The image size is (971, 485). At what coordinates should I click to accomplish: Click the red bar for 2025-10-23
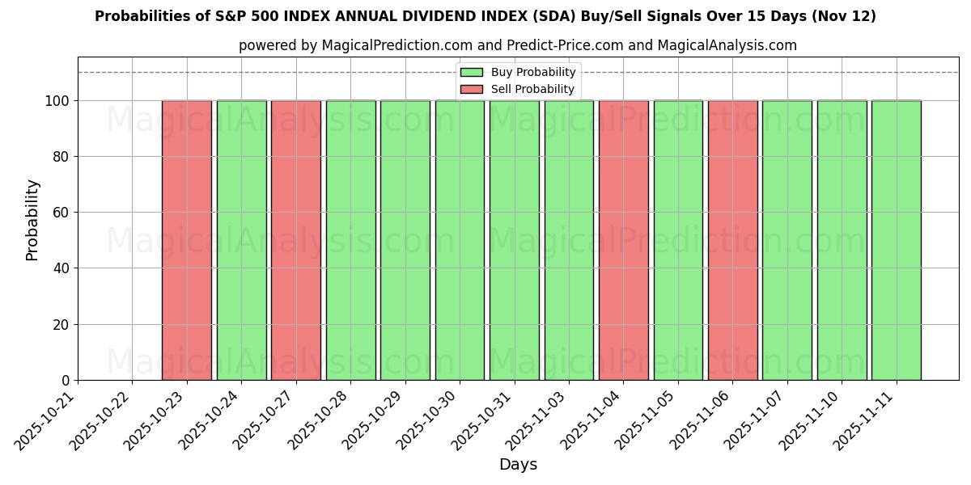coord(186,240)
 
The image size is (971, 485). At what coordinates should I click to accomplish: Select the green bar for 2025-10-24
coord(241,240)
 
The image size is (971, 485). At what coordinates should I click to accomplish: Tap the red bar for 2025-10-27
coord(295,240)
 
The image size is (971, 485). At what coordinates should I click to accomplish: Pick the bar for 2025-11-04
coord(623,240)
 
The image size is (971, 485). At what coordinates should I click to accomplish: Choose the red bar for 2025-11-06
coord(732,240)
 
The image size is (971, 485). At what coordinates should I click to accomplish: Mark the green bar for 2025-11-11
coord(896,240)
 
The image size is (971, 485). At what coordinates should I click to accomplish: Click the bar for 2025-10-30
coord(460,240)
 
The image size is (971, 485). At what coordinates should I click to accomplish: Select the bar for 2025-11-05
coord(678,240)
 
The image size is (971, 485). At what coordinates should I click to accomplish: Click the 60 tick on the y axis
coord(63,213)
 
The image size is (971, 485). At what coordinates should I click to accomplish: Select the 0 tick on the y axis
coord(66,381)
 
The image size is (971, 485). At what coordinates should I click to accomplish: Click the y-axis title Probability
coord(32,220)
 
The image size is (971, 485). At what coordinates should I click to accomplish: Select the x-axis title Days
coord(518,465)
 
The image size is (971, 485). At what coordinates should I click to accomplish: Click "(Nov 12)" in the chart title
coord(844,16)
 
